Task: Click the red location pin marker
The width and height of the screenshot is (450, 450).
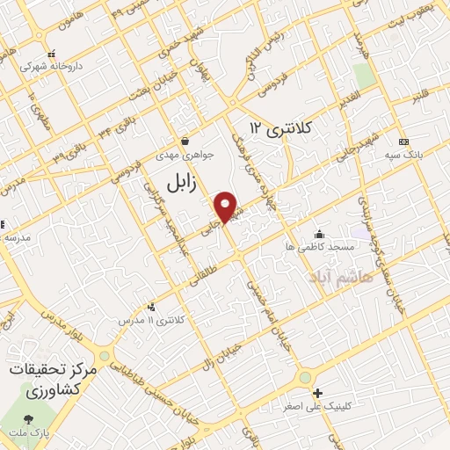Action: click(x=226, y=207)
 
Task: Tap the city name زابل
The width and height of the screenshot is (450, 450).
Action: click(x=186, y=182)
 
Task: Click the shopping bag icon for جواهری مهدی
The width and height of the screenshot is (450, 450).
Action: click(x=185, y=141)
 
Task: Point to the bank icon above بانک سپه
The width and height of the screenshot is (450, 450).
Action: click(x=403, y=142)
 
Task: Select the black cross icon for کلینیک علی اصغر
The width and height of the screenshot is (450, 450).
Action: click(x=318, y=392)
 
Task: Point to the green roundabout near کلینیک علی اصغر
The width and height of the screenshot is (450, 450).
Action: click(x=304, y=377)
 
